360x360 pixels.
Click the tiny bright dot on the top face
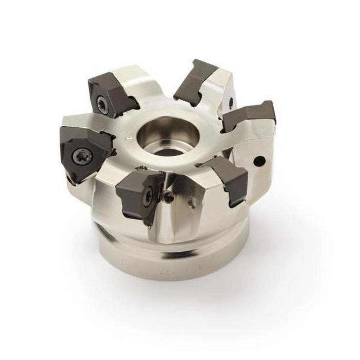pyautogui.click(x=127, y=138)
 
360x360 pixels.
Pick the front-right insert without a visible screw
pyautogui.click(x=227, y=180)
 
